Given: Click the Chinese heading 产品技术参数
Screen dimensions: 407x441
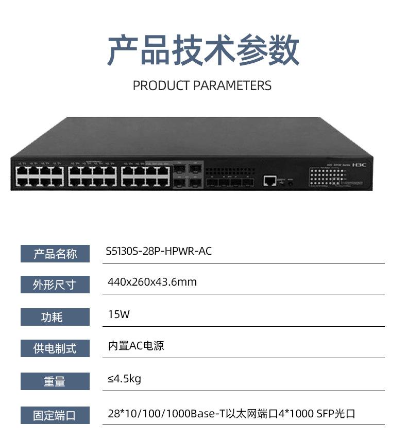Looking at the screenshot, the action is coord(203,50).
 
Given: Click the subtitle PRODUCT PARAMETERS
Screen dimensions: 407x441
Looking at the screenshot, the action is coord(202,85).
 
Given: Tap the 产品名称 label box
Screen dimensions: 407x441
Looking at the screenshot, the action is coord(55,254).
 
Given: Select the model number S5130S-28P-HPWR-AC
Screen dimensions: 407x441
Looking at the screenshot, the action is coord(159,252).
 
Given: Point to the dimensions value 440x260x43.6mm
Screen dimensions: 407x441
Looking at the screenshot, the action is coord(152,282).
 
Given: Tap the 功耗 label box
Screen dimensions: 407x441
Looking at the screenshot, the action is coord(55,317).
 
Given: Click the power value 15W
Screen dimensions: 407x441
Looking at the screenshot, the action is coord(118,314).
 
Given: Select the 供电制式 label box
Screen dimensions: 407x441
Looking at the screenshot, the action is coord(55,349).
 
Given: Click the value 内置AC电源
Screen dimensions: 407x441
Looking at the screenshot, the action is coord(136,346).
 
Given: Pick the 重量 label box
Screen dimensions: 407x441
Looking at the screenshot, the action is coord(55,381).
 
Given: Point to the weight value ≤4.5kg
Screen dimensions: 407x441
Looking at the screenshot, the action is coord(124,379).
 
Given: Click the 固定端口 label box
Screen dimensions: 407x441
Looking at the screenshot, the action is coord(55,415).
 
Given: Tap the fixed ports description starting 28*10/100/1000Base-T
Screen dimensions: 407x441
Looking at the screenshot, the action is coord(231,414).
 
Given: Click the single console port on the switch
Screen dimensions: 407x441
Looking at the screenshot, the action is coord(269,180).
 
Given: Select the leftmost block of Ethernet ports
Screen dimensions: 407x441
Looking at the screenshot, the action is coord(40,176).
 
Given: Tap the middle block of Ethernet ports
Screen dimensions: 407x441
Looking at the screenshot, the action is coord(93,176).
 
